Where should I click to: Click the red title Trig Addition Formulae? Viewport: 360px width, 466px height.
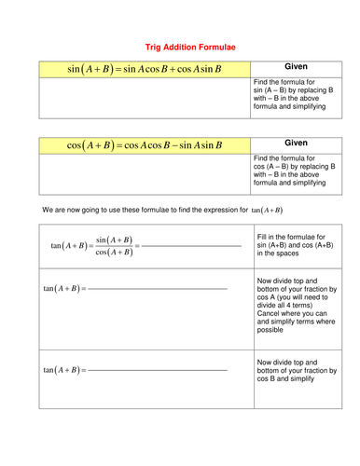pos(179,45)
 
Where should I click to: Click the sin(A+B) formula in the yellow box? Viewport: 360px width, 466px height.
pos(145,69)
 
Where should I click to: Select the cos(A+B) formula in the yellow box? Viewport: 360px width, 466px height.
pos(145,145)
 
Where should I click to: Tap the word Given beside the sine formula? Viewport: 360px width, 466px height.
pos(296,68)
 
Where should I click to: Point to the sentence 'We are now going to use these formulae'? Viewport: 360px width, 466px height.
pos(140,210)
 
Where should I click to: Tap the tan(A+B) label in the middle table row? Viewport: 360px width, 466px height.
pos(62,289)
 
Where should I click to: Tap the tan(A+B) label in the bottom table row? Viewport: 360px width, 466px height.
pos(62,370)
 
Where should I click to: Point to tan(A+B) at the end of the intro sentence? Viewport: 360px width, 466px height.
pos(267,210)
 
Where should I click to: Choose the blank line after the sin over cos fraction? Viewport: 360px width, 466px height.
pos(191,246)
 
